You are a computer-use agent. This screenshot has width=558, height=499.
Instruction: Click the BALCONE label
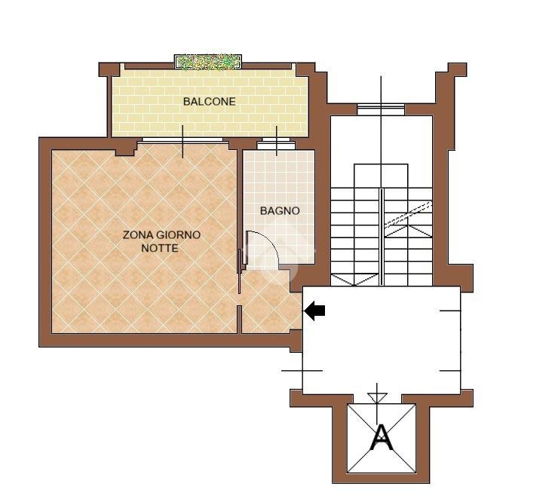point(210,102)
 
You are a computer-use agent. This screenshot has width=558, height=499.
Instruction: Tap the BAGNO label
point(280,211)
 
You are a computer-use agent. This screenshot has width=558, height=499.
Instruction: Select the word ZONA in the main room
point(135,234)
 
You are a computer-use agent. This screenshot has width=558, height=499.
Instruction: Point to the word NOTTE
point(160,248)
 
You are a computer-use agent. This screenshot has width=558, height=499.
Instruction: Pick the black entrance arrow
point(314,311)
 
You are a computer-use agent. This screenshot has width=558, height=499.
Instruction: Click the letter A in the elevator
point(382,438)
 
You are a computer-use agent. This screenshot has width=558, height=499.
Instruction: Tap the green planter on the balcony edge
point(208,62)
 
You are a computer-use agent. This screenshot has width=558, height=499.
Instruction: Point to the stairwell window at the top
point(381,109)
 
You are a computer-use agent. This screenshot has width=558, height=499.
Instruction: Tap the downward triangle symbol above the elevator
point(377,397)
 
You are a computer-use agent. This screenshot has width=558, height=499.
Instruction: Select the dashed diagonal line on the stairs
point(409,213)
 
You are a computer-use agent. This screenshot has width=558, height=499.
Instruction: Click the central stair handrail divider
point(381,237)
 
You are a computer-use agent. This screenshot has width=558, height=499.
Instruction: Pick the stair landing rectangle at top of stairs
point(381,176)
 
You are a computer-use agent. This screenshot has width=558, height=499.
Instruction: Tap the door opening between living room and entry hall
point(240,299)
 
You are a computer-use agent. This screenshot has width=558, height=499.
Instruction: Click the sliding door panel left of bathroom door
point(239,271)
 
